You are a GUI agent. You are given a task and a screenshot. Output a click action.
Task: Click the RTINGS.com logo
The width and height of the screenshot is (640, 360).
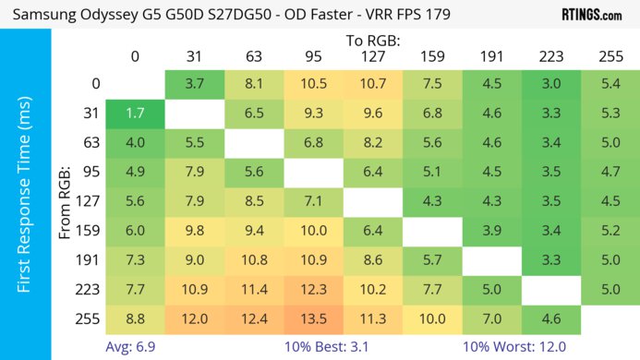pyautogui.click(x=591, y=15)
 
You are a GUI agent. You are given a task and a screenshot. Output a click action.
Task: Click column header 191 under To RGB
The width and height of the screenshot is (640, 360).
pyautogui.click(x=490, y=56)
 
